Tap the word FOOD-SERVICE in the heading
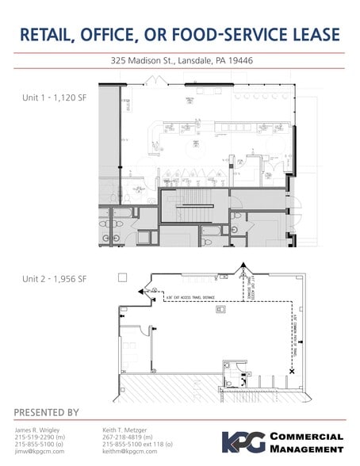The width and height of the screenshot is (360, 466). tap(212, 35)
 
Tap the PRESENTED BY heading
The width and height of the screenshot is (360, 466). tap(47, 412)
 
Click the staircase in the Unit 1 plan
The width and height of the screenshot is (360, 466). tap(189, 208)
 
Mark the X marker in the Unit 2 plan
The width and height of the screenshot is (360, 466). tap(292, 371)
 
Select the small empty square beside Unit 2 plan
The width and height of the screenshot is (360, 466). tap(122, 277)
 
